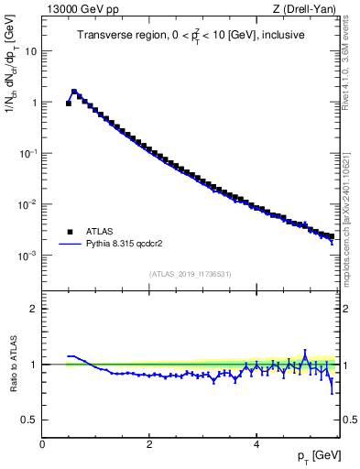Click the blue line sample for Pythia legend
click(x=70, y=245)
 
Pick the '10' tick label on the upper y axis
click(x=30, y=51)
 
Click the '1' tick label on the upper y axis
click(x=34, y=103)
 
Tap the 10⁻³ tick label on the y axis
click(x=28, y=256)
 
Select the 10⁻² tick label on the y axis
click(x=28, y=204)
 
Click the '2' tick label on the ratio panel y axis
click(x=34, y=309)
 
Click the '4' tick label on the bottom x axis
click(x=256, y=444)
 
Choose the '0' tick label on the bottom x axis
click(x=42, y=444)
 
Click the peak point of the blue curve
click(x=74, y=91)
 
